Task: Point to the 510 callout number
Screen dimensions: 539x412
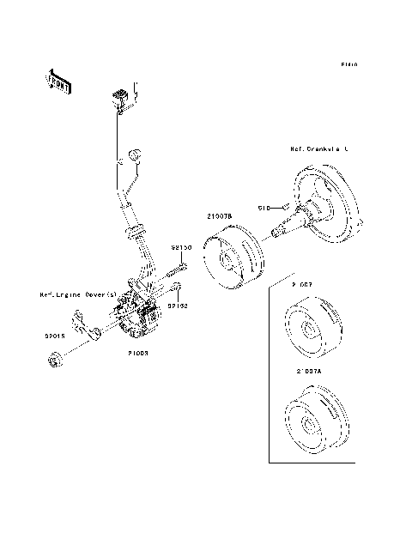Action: click(x=264, y=208)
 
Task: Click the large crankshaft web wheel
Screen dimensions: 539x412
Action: click(x=329, y=205)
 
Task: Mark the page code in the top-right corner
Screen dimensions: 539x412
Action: click(x=348, y=64)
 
